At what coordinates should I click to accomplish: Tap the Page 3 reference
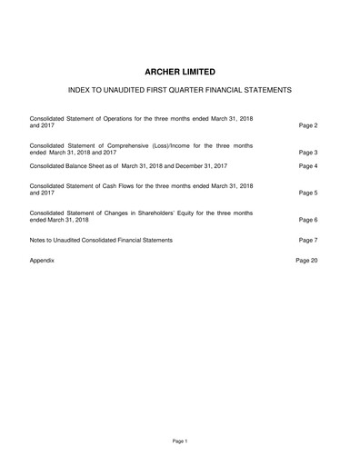tap(308, 153)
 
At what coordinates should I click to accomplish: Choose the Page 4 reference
tap(308, 166)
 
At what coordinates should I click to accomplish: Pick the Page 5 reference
tap(308, 193)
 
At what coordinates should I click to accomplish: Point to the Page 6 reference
tap(308, 221)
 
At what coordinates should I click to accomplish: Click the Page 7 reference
tap(308, 240)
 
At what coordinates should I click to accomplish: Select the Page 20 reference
tap(306, 260)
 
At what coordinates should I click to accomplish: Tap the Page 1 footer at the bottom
tap(179, 440)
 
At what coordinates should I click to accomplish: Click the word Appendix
tap(43, 260)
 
